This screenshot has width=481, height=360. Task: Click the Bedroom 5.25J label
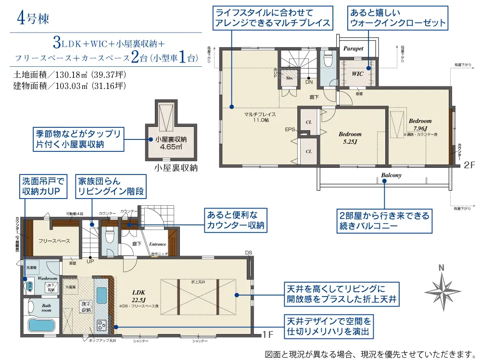(x=350, y=137)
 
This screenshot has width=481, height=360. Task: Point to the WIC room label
(x=357, y=74)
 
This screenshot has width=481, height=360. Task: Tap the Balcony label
(x=391, y=175)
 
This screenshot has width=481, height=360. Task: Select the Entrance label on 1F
(x=158, y=244)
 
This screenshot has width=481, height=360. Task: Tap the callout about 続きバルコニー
(x=383, y=221)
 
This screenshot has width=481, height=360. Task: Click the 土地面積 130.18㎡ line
(x=70, y=75)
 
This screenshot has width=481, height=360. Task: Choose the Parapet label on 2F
(x=353, y=49)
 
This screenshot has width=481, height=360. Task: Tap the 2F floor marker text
(x=469, y=165)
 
